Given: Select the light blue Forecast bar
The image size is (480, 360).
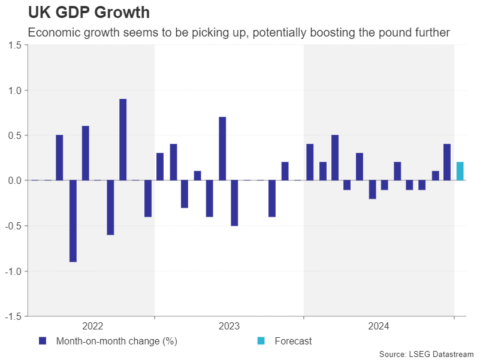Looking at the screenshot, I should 460,171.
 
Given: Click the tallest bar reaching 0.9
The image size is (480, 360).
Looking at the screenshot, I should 123,140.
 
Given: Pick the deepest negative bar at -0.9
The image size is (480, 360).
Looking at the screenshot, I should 73,221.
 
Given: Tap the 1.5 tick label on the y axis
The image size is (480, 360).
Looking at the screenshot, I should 15,46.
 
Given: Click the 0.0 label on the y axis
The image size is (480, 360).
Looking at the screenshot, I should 15,180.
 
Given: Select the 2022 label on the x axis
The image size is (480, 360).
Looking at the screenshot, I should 92,326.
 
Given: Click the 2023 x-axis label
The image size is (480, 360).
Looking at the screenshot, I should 229,326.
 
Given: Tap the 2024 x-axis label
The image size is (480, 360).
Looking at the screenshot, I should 378,326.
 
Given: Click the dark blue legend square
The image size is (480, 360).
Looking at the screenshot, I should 43,341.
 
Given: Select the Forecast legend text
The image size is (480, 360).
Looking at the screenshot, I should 293,341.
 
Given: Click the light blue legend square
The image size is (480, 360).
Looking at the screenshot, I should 261,341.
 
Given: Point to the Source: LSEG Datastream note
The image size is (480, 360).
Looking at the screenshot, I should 426,354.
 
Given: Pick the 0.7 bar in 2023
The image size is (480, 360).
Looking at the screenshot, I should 222,149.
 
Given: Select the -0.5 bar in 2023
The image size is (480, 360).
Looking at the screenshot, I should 234,203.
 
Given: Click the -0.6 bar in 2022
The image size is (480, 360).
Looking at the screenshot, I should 111,207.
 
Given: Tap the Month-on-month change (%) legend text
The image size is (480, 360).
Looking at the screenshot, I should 116,341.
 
